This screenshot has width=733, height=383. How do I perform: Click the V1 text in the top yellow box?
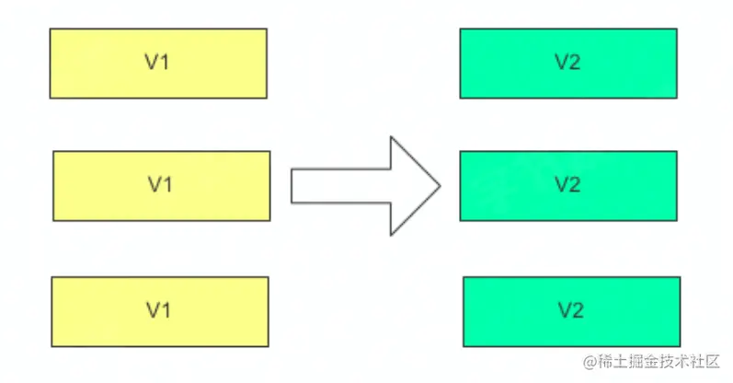157,63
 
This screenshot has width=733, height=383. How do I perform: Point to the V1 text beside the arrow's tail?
160,184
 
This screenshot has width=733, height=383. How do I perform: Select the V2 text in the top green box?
568,63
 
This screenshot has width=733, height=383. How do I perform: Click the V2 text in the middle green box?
568,184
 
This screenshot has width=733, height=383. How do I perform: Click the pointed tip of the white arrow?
439,185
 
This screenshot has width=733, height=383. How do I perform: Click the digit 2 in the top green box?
575,63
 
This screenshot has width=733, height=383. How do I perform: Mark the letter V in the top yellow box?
152,63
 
